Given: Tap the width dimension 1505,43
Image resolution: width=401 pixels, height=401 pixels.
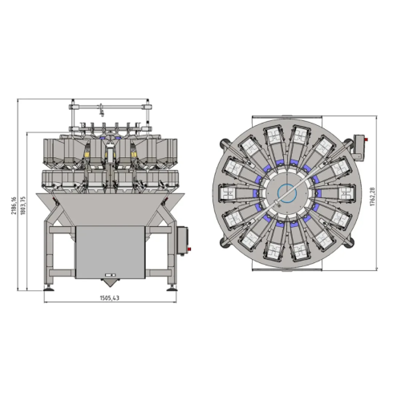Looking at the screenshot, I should pyautogui.click(x=111, y=298).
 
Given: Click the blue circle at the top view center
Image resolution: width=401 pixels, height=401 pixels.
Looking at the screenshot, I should pyautogui.click(x=287, y=193).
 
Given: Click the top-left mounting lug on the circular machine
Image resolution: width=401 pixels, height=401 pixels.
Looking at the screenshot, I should pyautogui.click(x=224, y=148).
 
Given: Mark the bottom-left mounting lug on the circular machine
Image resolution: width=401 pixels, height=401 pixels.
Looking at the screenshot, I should pyautogui.click(x=224, y=239).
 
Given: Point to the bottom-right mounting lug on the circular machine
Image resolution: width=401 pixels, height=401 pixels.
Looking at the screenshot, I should pyautogui.click(x=351, y=239).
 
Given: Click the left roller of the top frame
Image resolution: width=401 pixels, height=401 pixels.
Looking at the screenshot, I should pyautogui.click(x=73, y=106).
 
